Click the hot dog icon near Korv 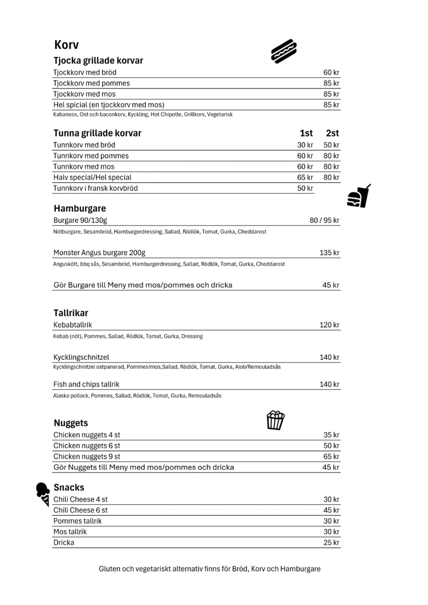284,51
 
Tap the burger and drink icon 359,197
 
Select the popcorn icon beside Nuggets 275,420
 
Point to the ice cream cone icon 43,494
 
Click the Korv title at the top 66,45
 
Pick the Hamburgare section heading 80,208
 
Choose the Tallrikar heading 71,313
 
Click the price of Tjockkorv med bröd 331,72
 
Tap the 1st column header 306,133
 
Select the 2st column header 332,133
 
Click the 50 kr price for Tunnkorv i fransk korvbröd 305,188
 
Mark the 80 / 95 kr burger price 324,220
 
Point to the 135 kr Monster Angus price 329,253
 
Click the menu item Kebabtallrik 72,325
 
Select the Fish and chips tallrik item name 86,384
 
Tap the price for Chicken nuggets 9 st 331,456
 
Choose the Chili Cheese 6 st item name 80,510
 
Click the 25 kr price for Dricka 331,543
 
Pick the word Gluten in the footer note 110,569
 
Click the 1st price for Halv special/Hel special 305,177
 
